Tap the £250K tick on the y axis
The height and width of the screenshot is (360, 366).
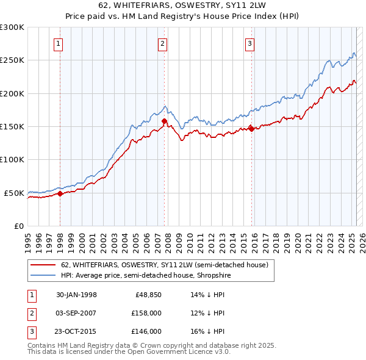point(12,60)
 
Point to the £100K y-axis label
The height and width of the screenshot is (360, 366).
point(12,159)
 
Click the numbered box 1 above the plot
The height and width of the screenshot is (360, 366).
point(58,43)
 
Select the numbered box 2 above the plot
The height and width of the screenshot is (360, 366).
point(163,43)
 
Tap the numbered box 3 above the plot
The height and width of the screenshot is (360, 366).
point(250,43)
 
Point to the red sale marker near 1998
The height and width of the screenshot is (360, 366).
point(60,193)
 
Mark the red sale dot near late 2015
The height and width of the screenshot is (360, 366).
point(252,129)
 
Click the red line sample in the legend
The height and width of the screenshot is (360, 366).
point(43,265)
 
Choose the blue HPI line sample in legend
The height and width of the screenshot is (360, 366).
point(43,275)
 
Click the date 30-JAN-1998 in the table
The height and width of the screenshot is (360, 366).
point(76,295)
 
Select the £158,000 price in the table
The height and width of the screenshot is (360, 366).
point(147,313)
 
